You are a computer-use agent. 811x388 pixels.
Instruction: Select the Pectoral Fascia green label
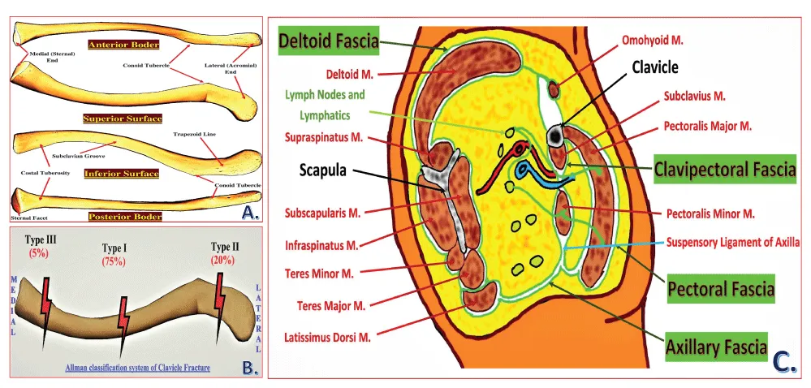click(x=720, y=288)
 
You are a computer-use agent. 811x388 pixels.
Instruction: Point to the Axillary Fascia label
click(x=716, y=348)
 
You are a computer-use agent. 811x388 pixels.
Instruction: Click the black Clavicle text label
click(x=655, y=67)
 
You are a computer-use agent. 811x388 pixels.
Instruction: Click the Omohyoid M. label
click(x=658, y=38)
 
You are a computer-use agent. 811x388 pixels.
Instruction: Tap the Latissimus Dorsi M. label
click(x=327, y=337)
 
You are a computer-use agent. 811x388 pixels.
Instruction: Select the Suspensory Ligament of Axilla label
click(x=733, y=242)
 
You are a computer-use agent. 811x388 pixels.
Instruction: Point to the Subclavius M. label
click(x=695, y=97)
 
